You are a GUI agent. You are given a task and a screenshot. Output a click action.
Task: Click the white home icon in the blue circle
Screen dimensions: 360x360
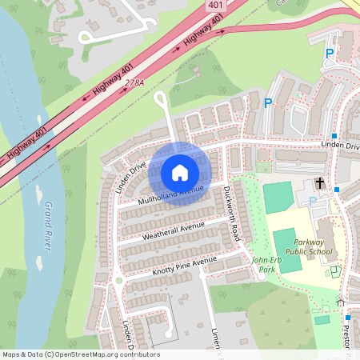click(x=180, y=172)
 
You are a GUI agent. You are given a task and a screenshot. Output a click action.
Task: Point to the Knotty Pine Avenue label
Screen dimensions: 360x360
click(x=185, y=265)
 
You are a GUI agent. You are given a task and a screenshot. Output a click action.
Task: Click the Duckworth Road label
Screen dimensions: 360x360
click(x=232, y=214)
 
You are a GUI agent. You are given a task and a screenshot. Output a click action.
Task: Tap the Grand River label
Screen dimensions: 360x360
click(x=47, y=227)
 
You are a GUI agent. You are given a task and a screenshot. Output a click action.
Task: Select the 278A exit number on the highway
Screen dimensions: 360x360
click(x=134, y=83)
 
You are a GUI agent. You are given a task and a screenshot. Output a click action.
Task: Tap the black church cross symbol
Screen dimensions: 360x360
click(x=320, y=183)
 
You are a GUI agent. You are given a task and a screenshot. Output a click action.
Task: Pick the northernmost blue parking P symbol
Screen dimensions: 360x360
click(x=329, y=54)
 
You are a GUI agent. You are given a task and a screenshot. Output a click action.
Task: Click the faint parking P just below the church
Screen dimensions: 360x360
click(x=312, y=201)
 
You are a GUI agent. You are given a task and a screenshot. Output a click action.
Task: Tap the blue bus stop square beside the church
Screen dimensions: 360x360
click(x=338, y=190)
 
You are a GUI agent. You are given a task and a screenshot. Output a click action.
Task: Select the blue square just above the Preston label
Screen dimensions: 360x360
click(x=348, y=318)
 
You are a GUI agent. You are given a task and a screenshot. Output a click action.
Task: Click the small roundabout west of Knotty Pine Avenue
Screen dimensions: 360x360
click(x=118, y=280)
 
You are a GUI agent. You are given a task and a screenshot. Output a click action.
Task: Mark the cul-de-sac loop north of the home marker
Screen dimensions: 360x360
click(x=161, y=98)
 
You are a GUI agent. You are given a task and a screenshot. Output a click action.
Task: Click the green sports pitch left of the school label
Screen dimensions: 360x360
click(x=287, y=240)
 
